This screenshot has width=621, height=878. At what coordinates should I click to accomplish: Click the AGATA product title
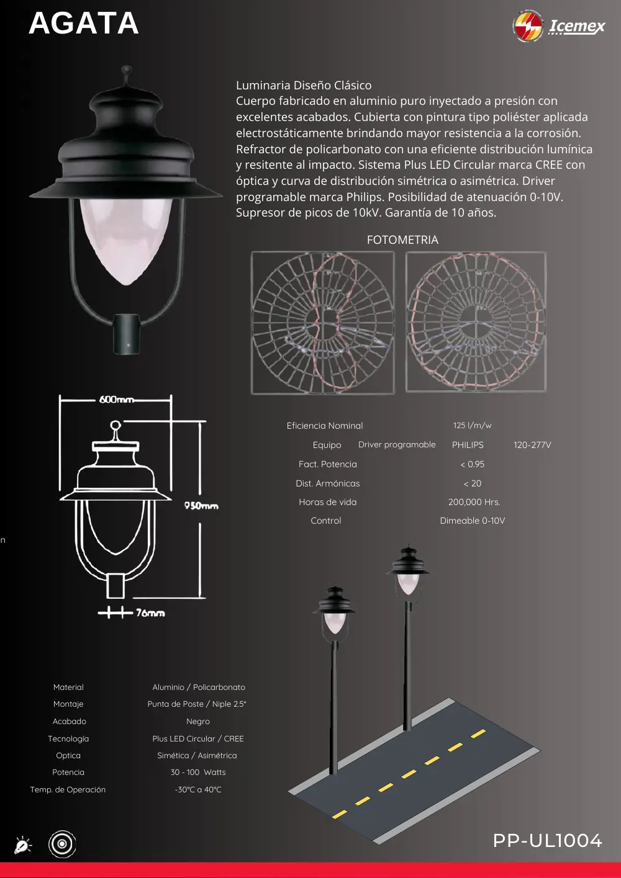click(x=84, y=23)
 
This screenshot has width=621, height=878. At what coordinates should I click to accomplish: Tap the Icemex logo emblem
click(x=528, y=26)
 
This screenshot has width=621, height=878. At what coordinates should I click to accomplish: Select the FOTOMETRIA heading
click(x=402, y=240)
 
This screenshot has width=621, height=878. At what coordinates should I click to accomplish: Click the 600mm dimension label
click(x=116, y=400)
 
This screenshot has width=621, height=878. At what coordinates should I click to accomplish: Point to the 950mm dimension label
click(x=201, y=506)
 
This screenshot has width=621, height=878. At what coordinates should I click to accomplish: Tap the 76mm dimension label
click(x=150, y=612)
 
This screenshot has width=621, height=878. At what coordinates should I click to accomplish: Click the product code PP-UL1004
click(x=547, y=840)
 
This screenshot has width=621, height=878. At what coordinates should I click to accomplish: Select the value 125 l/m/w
click(x=473, y=425)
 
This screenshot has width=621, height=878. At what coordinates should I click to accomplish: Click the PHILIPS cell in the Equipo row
click(x=468, y=445)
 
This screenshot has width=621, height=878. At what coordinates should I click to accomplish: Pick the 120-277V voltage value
click(x=532, y=445)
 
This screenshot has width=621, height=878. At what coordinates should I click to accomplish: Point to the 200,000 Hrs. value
click(x=474, y=502)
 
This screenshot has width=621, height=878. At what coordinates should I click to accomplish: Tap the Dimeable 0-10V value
click(x=473, y=521)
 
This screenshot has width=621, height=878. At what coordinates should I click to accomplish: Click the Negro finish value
click(x=198, y=721)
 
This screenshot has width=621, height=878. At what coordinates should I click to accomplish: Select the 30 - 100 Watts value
click(x=198, y=772)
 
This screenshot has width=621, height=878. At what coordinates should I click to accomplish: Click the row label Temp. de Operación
click(x=68, y=789)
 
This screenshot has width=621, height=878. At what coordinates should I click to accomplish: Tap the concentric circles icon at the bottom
click(x=62, y=844)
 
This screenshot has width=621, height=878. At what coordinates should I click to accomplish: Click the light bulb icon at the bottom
click(x=22, y=844)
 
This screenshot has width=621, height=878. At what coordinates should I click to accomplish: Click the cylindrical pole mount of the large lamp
click(x=126, y=334)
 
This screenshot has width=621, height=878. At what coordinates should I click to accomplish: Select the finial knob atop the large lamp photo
click(x=126, y=71)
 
